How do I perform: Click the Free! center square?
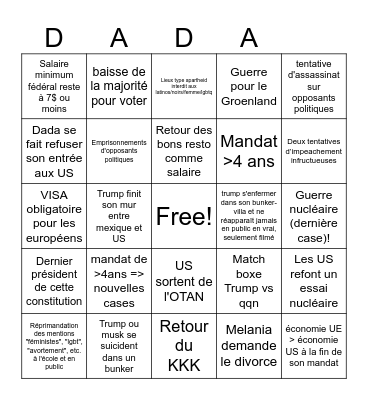coord(184,215)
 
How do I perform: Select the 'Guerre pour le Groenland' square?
coord(249,86)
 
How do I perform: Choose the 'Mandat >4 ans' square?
coord(249,150)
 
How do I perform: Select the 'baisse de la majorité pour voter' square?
coord(119,86)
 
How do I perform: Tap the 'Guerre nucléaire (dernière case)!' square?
coord(313,215)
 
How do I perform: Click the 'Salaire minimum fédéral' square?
coord(54,86)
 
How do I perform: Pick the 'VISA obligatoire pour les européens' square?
coord(54,215)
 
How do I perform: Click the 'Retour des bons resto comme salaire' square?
coord(184,150)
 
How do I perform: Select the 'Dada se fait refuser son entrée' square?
coord(54,150)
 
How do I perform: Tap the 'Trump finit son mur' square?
coord(119,215)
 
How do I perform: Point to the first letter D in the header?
coord(54,38)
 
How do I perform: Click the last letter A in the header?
coord(249,38)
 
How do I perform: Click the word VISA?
coord(54,195)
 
